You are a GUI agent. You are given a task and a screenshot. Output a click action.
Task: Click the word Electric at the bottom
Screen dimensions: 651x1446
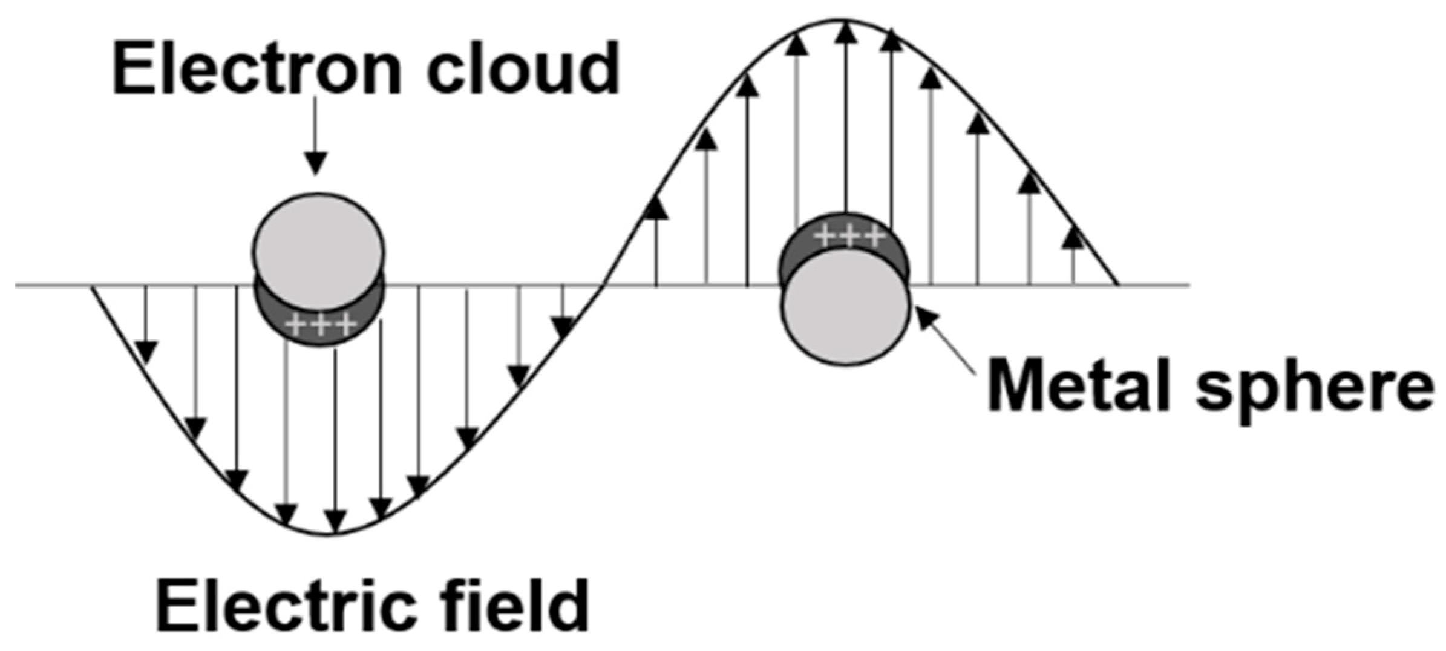coord(284,605)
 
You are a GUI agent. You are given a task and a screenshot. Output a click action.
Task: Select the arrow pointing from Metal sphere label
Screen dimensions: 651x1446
coord(944,339)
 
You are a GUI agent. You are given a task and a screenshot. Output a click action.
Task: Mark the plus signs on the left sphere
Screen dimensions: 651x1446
coord(321,326)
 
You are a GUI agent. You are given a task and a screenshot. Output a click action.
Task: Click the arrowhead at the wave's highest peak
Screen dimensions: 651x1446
coord(846,33)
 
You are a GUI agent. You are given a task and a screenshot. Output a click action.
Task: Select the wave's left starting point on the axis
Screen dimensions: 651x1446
coord(92,286)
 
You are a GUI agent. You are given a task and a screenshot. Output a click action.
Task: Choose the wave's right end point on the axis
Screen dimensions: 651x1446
coord(1117,284)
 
